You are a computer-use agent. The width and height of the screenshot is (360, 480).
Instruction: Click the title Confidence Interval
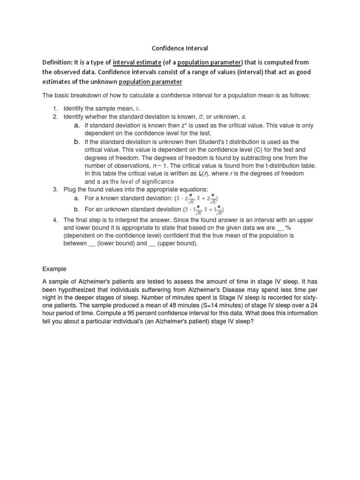pyautogui.click(x=180, y=48)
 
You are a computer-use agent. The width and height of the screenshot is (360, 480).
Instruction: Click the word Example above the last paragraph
pyautogui.click(x=54, y=269)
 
